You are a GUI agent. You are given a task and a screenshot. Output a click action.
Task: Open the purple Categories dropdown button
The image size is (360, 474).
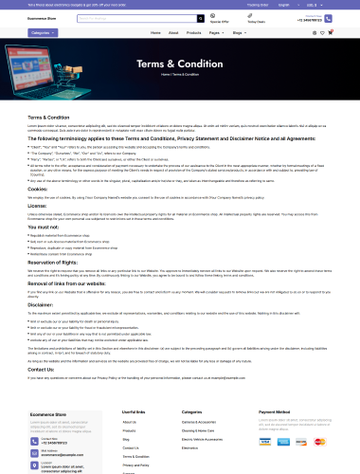pos(42,32)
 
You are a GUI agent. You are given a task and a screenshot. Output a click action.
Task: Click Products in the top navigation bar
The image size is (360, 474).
pos(193,32)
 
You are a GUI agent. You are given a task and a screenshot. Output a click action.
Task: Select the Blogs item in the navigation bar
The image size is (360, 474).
pos(238,32)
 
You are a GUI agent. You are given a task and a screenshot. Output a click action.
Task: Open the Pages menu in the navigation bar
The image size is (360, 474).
pos(216,32)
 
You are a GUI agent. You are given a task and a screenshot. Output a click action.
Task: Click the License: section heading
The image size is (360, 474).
pos(37,204)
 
